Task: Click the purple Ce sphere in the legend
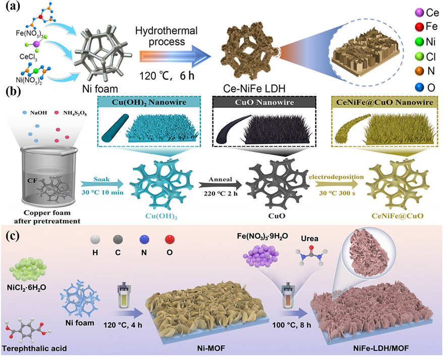tap(419, 13)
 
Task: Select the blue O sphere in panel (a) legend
tap(419, 87)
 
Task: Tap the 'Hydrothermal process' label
tap(166, 36)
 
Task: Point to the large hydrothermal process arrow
tap(175, 56)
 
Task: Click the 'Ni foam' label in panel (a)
tap(100, 89)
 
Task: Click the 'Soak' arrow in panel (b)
tap(102, 184)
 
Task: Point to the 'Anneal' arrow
tap(220, 185)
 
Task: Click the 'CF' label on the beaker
tap(32, 180)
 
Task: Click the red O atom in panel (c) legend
tap(170, 240)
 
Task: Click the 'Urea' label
tap(310, 238)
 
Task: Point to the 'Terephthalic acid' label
tap(34, 348)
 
